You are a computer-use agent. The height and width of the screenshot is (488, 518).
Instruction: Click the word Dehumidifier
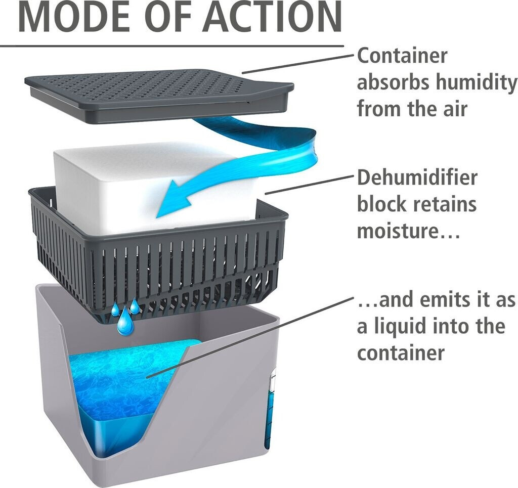click(x=417, y=178)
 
